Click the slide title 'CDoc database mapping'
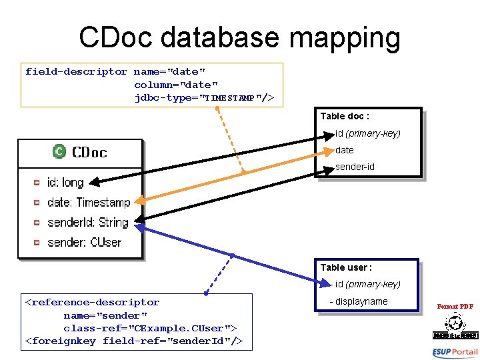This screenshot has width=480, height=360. coord(239,38)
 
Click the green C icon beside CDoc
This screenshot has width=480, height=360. coord(59,152)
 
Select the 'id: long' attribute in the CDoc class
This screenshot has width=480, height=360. coord(65,182)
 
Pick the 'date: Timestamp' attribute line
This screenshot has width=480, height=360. coord(88,202)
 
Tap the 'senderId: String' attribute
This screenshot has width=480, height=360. coord(87,222)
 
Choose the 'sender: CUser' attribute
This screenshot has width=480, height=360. coord(84,242)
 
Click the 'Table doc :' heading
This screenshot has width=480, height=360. coord(345,116)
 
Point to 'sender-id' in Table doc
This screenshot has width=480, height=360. coord(355,167)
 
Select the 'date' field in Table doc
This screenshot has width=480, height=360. coord(345,150)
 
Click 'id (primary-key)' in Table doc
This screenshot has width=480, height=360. coord(367,133)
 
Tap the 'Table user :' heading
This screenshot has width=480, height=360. coord(346,267)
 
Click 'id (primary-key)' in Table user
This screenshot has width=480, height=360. coord(367,284)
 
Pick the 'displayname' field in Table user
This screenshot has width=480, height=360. coord(360,301)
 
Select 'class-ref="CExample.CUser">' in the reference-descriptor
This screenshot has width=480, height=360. coord(150,328)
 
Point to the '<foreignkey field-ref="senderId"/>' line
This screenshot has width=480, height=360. coord(133,341)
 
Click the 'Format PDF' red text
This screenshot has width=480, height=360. coord(455,307)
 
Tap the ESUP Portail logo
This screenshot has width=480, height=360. coord(455,352)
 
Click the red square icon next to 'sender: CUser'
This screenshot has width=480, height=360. coord(37,242)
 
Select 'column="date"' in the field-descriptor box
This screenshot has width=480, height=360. coord(176,85)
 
